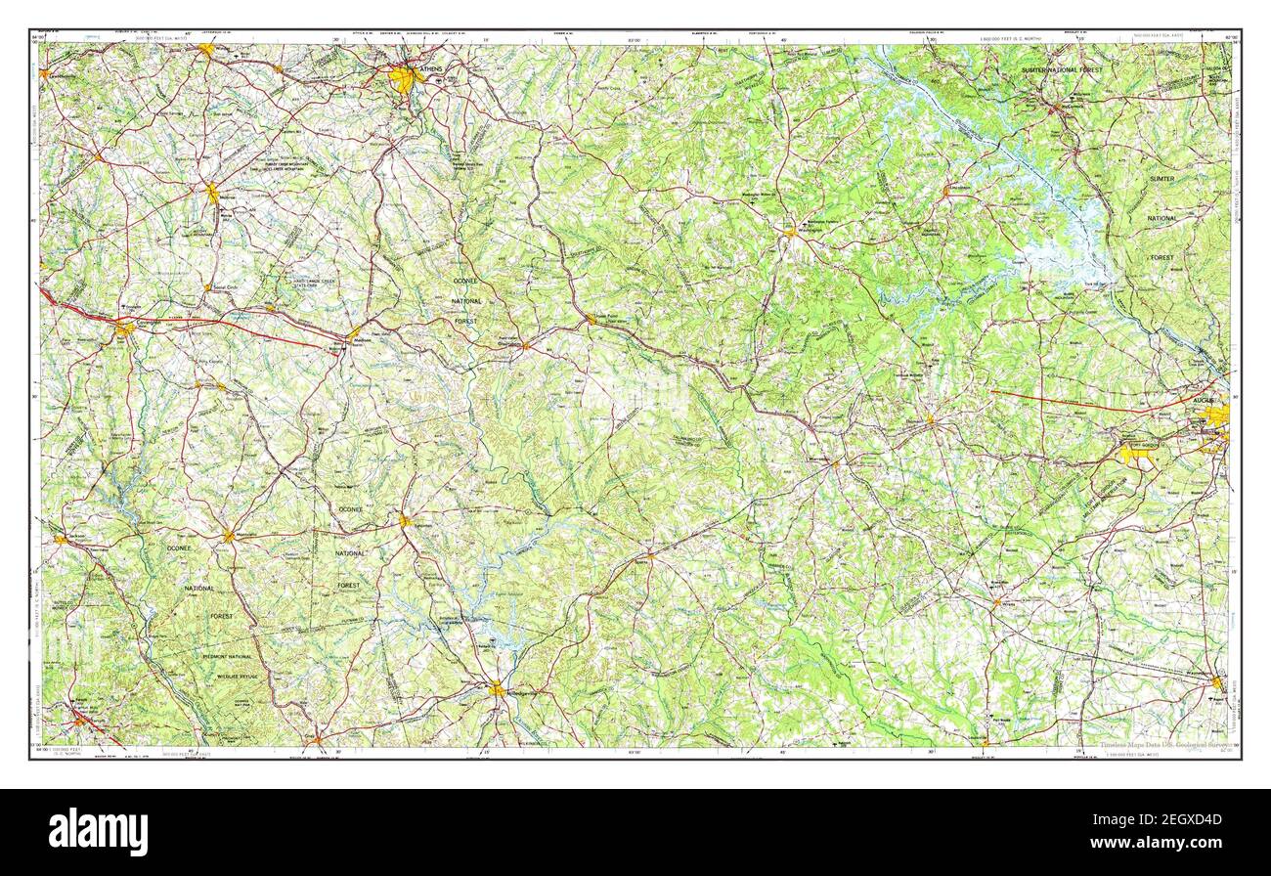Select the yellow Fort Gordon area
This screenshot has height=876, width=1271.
(1139, 453)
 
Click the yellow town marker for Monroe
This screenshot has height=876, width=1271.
(212, 193)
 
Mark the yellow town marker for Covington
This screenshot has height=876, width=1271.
(124, 329)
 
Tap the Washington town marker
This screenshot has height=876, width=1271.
(789, 232)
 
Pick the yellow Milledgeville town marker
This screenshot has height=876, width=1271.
(498, 690)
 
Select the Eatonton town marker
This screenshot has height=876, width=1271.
(404, 520)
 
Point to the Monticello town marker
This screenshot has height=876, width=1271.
(229, 535)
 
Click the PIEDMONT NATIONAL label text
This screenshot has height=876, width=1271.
(227, 657)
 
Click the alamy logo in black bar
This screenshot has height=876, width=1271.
(98, 832)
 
